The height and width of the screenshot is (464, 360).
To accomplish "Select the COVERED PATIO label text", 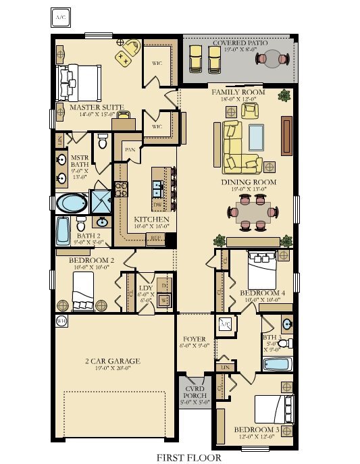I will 240,43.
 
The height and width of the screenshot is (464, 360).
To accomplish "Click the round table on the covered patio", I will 270,59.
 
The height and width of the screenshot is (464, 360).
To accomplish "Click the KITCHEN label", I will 151,220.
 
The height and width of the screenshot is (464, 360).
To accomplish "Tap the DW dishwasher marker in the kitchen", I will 157,204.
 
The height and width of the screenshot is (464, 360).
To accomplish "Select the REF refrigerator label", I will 157,238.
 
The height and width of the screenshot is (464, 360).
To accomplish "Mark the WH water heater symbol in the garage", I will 61,321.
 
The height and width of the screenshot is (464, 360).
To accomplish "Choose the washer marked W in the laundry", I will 163,300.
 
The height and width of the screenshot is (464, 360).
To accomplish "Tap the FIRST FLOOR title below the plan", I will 188,457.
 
